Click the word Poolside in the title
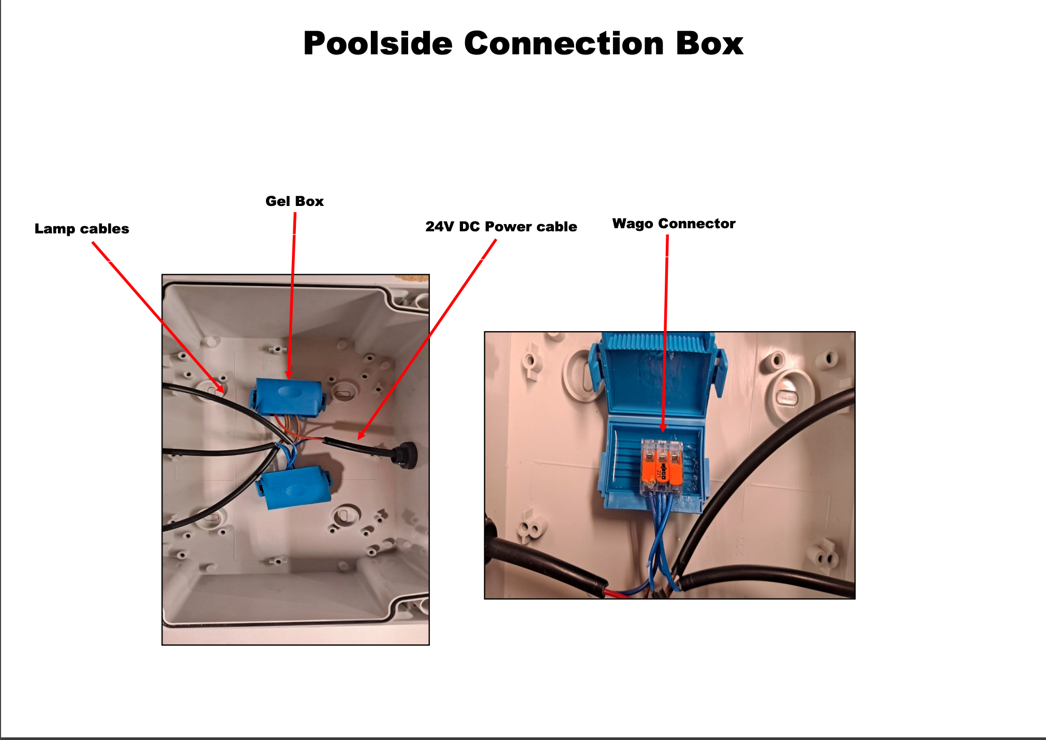[378, 43]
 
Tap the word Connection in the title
[563, 43]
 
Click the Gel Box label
[294, 201]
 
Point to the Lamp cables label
[82, 229]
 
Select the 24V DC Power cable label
[501, 227]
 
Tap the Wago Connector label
[674, 224]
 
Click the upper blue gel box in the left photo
[288, 396]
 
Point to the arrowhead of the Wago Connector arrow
[663, 429]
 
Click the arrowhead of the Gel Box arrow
[289, 375]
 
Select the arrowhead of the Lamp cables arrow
[221, 390]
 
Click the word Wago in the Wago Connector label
[633, 224]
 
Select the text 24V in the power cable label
[440, 227]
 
